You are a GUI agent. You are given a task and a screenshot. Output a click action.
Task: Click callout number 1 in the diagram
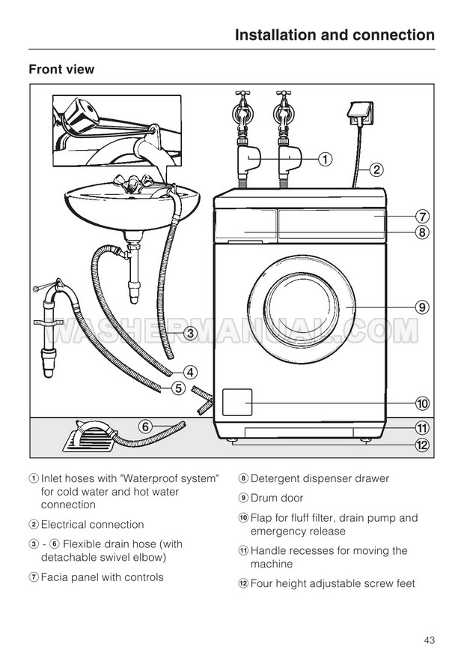click(x=326, y=158)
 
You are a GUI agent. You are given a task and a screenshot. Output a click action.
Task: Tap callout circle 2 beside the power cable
click(x=376, y=169)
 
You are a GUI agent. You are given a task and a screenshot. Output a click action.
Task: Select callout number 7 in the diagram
click(x=422, y=216)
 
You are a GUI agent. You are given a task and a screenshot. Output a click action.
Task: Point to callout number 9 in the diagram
click(x=422, y=306)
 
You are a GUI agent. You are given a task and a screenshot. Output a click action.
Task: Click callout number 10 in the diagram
click(x=422, y=403)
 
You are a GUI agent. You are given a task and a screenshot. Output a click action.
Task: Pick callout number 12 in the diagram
click(x=422, y=445)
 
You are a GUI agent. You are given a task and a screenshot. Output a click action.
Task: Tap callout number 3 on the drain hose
click(x=190, y=333)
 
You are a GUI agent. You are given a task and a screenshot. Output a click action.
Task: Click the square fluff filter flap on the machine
click(x=238, y=403)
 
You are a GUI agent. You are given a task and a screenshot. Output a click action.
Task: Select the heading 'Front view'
click(x=61, y=69)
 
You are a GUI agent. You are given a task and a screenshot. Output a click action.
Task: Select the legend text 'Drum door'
click(x=276, y=498)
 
